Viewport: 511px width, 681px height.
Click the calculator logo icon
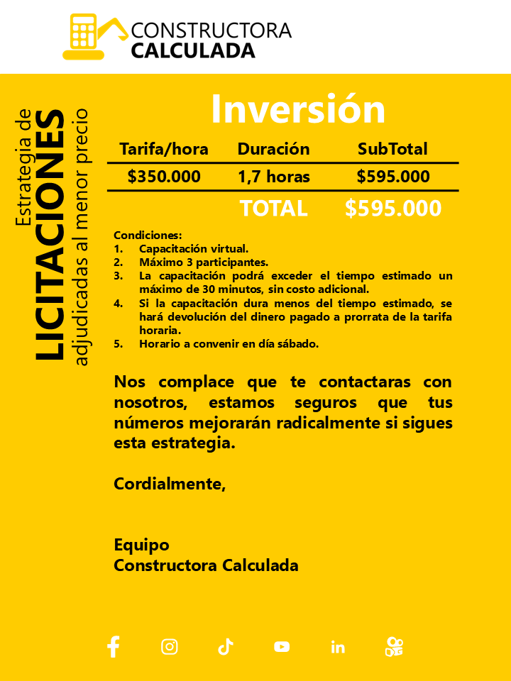tap(84, 35)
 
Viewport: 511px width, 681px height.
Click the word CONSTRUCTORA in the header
tap(211, 31)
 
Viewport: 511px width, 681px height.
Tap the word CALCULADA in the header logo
tap(193, 50)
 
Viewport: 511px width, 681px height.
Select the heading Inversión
tap(297, 109)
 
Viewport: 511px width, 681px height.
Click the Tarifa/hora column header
tap(164, 149)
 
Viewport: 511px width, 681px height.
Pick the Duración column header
tap(273, 149)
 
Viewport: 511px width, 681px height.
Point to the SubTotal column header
tap(392, 149)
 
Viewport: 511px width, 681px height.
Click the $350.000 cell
tap(164, 177)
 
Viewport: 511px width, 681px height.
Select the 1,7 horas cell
tap(273, 177)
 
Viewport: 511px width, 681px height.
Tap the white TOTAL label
tap(273, 209)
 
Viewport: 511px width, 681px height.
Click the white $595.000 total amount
tap(392, 209)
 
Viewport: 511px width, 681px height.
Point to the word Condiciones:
tap(148, 236)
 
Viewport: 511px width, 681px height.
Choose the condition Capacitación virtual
tap(193, 249)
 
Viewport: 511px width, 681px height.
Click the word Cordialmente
tap(169, 485)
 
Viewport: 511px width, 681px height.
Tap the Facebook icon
tap(113, 646)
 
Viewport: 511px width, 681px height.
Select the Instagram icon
tap(170, 646)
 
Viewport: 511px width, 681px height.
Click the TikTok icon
tap(226, 646)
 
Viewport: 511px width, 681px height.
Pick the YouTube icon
tap(282, 647)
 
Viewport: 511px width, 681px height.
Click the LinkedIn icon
tap(338, 647)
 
